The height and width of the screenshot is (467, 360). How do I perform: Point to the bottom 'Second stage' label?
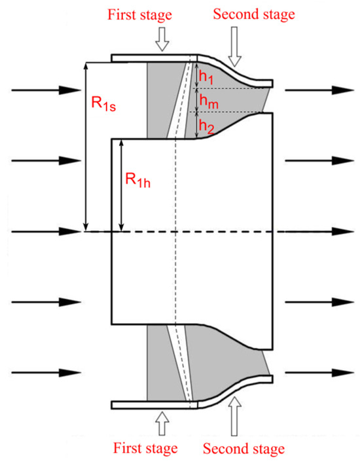click(x=244, y=449)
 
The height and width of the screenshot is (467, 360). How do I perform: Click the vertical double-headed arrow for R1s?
click(x=85, y=147)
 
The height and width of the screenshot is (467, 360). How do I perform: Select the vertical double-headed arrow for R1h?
click(x=121, y=186)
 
